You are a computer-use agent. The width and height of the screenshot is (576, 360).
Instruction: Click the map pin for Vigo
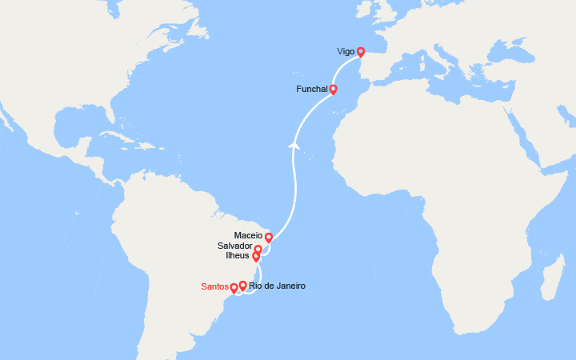[x=360, y=52]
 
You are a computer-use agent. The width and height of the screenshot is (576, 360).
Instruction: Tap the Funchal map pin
[x=333, y=90]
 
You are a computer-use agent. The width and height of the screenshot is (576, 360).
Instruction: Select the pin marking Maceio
[x=269, y=237]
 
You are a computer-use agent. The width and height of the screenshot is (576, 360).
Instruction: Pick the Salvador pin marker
[x=258, y=250]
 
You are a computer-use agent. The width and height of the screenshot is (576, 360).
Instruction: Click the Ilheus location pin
[x=256, y=257]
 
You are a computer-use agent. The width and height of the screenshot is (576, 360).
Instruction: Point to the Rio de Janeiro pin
[x=242, y=285]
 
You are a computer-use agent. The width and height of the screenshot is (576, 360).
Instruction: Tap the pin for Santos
[x=234, y=288]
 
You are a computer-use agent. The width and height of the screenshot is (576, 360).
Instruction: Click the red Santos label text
[x=214, y=286]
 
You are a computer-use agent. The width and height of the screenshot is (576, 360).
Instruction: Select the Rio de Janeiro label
[x=277, y=286]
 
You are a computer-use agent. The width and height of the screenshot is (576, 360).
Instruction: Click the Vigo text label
[x=346, y=51]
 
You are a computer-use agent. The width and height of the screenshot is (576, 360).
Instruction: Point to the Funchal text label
[x=311, y=89]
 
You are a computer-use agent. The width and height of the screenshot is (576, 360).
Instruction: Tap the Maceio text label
[x=248, y=235]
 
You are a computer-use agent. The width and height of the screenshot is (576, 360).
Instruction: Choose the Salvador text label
[x=233, y=246]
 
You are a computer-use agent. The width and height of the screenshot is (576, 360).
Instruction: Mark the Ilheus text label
[x=238, y=256]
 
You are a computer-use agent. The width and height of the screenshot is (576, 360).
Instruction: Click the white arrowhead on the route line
[x=294, y=145]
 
